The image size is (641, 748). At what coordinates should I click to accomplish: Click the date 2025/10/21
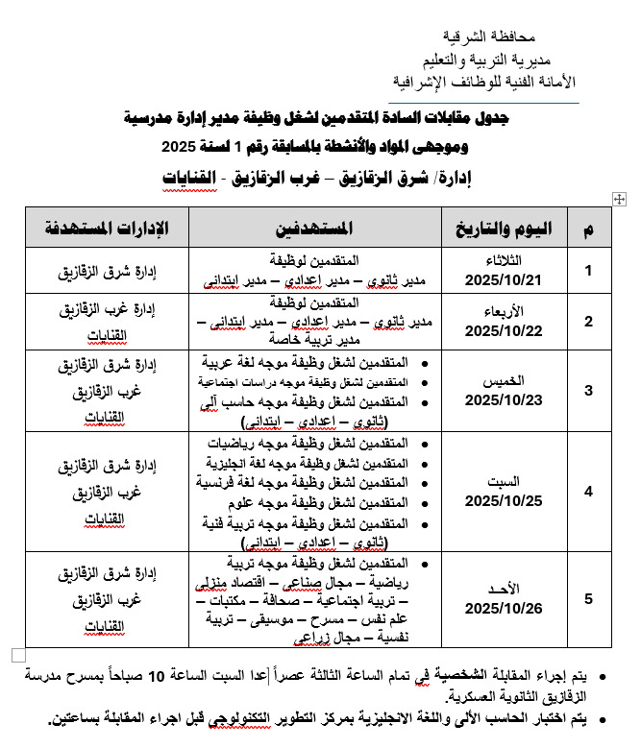(504, 280)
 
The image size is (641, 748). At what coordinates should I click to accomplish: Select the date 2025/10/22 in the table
(504, 331)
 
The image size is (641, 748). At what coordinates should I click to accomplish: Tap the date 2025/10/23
(504, 398)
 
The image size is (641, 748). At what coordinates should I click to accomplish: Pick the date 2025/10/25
(504, 500)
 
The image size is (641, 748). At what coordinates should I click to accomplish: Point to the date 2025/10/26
(504, 608)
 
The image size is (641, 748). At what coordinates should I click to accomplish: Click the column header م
(588, 229)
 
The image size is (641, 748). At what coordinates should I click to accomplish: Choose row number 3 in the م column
(589, 390)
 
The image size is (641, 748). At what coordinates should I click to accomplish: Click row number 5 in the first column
(589, 600)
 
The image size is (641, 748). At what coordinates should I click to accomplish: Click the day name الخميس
(504, 381)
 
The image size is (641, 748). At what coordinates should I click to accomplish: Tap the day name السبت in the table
(504, 482)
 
